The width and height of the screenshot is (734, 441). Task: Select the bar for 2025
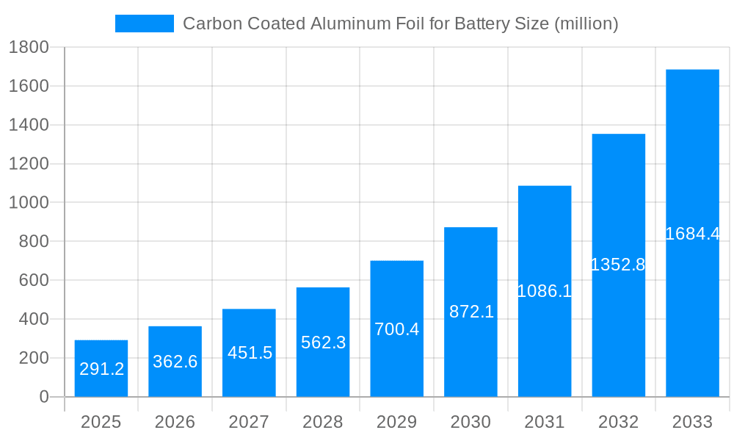tap(101, 368)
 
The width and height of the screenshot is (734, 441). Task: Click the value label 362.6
tap(175, 362)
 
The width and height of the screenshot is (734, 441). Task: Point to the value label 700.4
tap(396, 329)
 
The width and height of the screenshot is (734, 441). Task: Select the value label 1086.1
tap(544, 291)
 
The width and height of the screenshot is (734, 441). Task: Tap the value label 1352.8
tap(618, 265)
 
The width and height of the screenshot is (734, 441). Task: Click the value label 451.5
tap(250, 353)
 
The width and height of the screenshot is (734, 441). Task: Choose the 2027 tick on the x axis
tap(249, 422)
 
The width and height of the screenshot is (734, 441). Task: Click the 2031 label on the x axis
tap(545, 422)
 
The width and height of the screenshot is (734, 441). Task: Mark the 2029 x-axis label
tap(396, 422)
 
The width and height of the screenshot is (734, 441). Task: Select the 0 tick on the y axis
tap(43, 397)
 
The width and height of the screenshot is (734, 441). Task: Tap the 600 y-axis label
tap(33, 281)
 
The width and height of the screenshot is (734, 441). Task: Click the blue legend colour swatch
tap(145, 24)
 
